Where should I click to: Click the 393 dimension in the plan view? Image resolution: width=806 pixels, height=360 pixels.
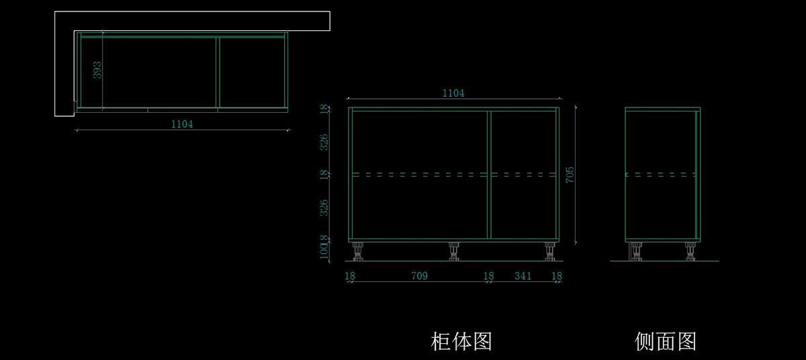(x=97, y=70)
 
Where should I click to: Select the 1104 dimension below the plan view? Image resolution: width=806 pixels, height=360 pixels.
(x=182, y=124)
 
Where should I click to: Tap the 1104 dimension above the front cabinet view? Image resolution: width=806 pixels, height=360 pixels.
(x=453, y=93)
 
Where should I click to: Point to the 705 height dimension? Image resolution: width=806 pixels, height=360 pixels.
(x=570, y=175)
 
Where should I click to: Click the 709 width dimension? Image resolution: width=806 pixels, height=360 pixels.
(x=419, y=276)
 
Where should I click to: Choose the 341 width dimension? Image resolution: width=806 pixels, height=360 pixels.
(x=523, y=276)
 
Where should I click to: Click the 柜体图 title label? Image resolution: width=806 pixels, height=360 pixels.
(x=461, y=341)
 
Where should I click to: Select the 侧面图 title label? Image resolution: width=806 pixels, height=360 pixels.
(x=665, y=341)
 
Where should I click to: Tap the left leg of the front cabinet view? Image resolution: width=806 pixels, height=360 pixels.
(x=358, y=251)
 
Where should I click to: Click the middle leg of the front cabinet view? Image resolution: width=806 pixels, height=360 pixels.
(x=454, y=251)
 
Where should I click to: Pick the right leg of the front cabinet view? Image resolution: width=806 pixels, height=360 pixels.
(x=550, y=251)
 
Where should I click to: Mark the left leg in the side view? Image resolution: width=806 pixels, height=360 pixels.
(x=635, y=251)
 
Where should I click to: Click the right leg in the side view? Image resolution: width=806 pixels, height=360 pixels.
(x=690, y=251)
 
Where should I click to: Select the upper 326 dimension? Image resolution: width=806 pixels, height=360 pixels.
(x=324, y=142)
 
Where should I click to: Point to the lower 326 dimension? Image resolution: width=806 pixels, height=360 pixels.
(x=324, y=207)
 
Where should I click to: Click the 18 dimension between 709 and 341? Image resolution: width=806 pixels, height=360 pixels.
(x=489, y=276)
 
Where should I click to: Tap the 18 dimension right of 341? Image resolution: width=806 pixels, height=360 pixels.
(x=557, y=276)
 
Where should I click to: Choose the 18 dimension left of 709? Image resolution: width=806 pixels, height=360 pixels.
(x=350, y=276)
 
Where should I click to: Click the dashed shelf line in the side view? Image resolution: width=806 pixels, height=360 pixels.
(x=660, y=175)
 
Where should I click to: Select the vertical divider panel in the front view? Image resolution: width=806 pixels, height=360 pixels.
(x=489, y=175)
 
